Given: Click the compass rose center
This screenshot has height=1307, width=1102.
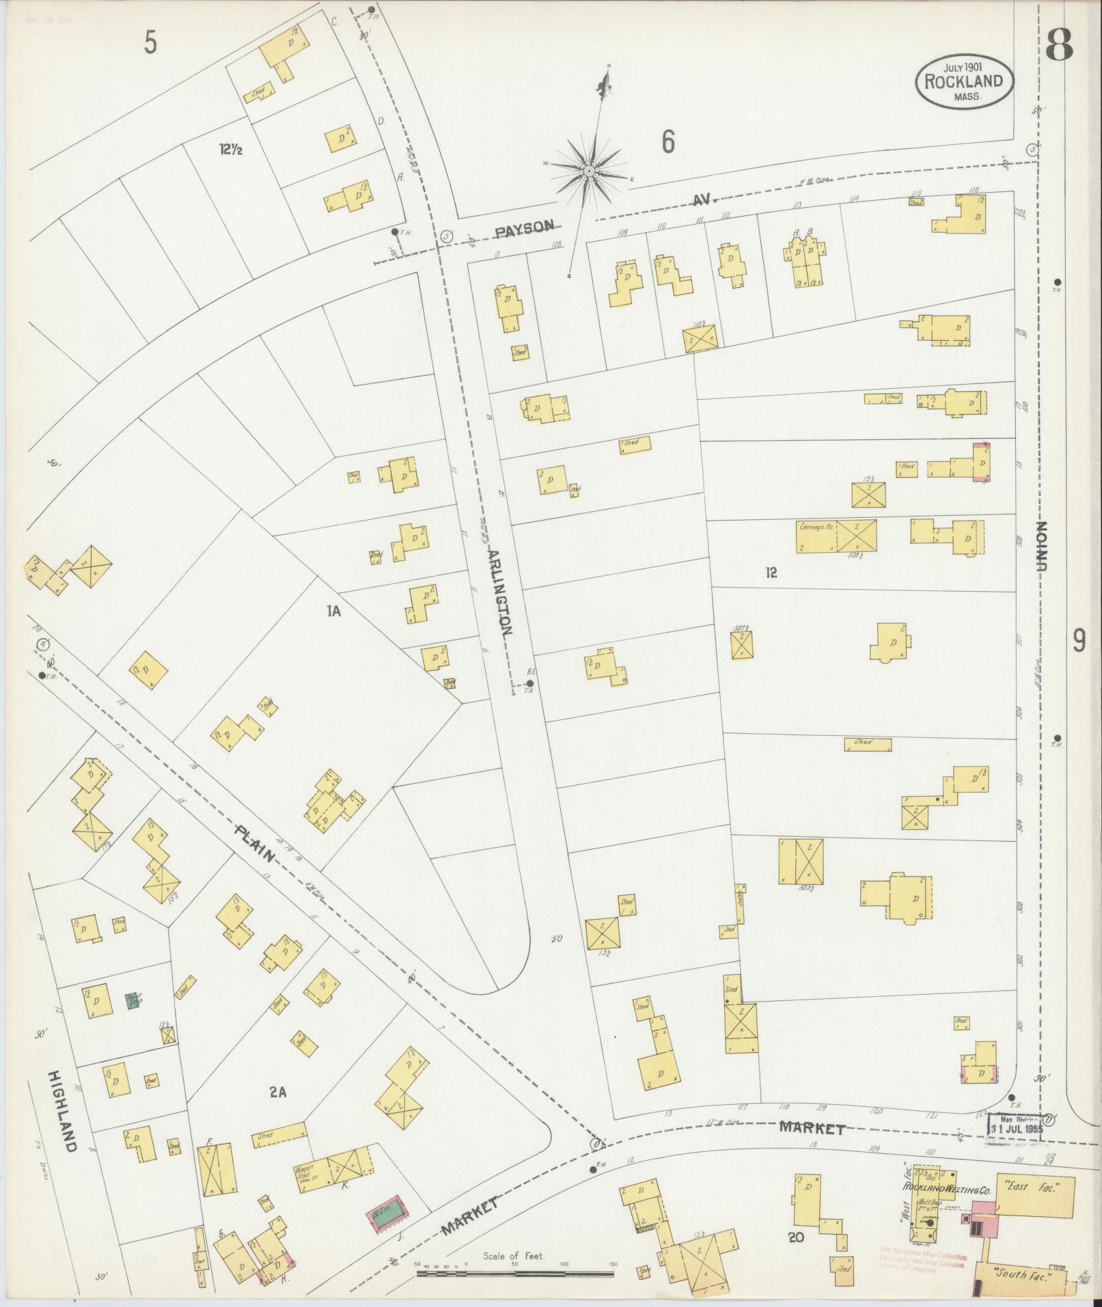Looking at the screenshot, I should tap(588, 171).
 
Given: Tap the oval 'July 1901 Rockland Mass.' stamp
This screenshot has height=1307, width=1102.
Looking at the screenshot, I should tap(965, 81).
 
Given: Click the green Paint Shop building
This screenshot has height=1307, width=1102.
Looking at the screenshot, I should tap(134, 1001).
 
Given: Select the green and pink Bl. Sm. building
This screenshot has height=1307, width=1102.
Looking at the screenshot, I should tap(387, 1213).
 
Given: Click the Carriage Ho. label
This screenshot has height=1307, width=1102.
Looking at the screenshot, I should tap(816, 527).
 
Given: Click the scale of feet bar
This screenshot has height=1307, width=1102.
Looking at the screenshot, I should tap(516, 1274).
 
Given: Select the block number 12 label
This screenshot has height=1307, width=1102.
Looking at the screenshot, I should tap(771, 573).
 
